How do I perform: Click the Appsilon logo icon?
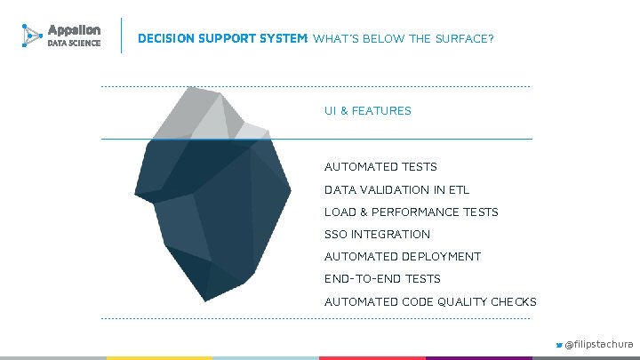click(x=32, y=36)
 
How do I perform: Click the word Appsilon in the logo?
click(x=74, y=29)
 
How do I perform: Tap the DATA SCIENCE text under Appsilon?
click(x=74, y=44)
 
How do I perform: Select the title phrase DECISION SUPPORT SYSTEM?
click(x=222, y=39)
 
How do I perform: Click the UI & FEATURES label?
click(x=367, y=111)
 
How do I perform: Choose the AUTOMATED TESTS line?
click(x=380, y=166)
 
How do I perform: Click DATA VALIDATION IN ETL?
click(x=396, y=189)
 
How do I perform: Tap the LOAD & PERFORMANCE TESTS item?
click(x=411, y=212)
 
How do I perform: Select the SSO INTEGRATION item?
click(x=377, y=234)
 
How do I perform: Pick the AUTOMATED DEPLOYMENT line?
click(x=402, y=256)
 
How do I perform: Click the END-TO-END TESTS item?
click(x=382, y=278)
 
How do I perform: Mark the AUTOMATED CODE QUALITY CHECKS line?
click(x=430, y=301)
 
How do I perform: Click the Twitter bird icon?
click(x=559, y=343)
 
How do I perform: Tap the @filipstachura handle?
click(x=599, y=343)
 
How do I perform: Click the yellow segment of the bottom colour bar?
click(x=160, y=357)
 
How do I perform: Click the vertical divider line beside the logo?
click(x=120, y=36)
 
